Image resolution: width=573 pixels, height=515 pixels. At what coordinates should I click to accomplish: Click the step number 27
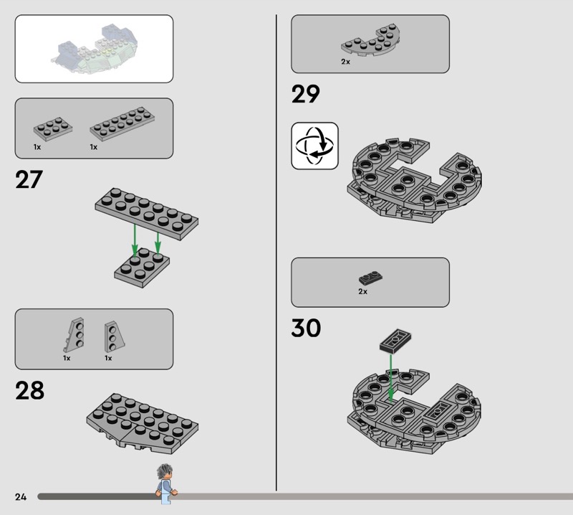point(29,179)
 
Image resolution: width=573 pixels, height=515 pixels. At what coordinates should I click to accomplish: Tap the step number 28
point(29,390)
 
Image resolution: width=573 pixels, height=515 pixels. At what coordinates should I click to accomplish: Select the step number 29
point(306,94)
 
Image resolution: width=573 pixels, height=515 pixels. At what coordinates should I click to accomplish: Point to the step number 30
point(306,328)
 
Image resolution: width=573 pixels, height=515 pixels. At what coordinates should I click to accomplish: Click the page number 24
point(21,496)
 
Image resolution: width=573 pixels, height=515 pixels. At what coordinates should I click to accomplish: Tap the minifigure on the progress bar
point(166,484)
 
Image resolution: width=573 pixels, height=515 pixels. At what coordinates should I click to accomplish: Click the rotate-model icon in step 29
point(314,146)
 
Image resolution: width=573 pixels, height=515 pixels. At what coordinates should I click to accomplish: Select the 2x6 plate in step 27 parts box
point(122,124)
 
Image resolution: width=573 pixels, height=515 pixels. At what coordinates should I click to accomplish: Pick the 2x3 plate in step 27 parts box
point(53,128)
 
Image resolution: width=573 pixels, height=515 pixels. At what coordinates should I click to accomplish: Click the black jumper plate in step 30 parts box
point(370,278)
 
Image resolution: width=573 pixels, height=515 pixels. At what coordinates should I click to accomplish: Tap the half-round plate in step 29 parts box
point(370,40)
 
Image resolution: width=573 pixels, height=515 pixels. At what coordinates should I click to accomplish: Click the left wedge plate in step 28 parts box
point(74,334)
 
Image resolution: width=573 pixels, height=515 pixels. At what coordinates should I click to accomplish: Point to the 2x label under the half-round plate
point(345,62)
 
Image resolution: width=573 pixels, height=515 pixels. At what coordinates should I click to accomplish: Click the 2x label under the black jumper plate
point(362,292)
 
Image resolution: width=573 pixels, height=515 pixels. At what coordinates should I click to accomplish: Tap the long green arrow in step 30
point(390,378)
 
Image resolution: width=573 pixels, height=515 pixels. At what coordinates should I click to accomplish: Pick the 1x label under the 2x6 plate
point(94,147)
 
